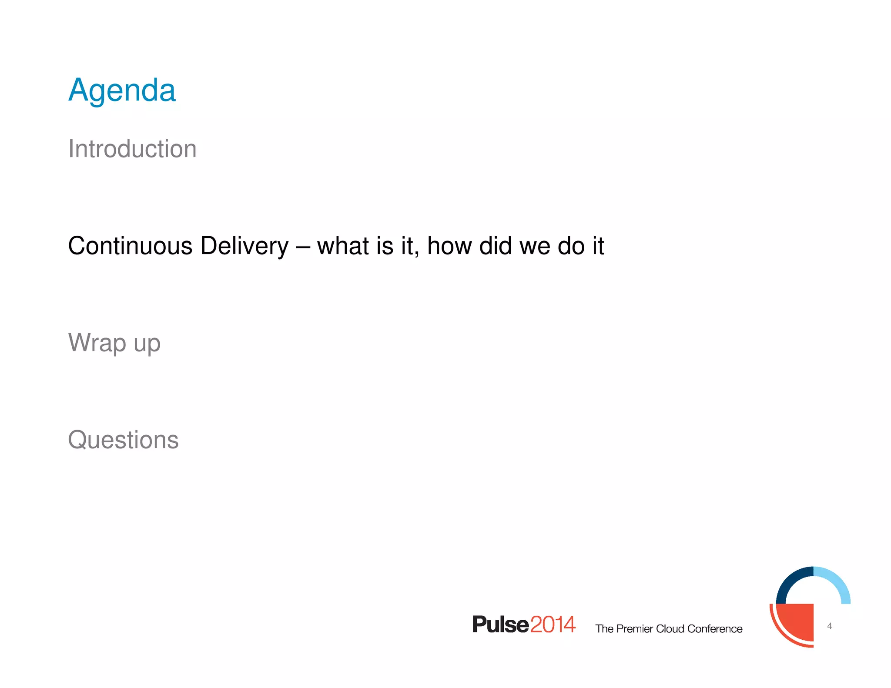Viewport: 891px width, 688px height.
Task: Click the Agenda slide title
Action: [x=122, y=90]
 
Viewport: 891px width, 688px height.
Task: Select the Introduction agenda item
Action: [x=132, y=149]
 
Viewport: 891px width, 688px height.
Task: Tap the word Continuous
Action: [x=130, y=246]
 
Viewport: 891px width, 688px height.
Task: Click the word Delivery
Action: [x=244, y=246]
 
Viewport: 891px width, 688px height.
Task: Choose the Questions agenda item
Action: [x=123, y=440]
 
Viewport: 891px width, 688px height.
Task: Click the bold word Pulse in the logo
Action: [x=500, y=625]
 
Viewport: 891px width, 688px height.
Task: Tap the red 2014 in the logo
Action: [x=553, y=625]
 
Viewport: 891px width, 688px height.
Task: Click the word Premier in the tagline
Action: [x=635, y=629]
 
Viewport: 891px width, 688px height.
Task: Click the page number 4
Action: [x=829, y=626]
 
